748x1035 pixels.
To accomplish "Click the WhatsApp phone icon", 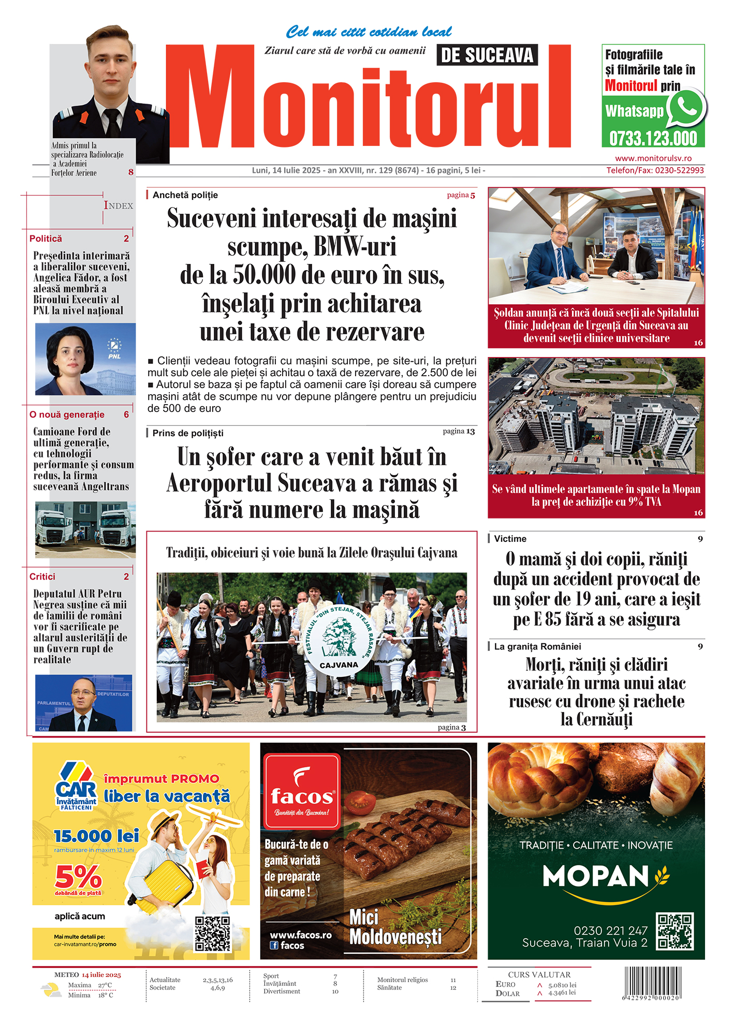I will [686, 108].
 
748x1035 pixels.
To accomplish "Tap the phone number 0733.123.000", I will [653, 139].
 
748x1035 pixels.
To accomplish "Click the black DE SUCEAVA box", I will [487, 55].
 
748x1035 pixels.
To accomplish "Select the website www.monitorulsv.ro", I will [653, 158].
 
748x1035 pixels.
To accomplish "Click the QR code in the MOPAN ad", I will [674, 931].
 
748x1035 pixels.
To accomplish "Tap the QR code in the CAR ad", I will [213, 934].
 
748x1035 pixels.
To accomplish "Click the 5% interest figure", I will [78, 877].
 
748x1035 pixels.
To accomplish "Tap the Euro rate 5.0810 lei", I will [562, 985].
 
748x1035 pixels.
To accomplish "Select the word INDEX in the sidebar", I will [119, 205].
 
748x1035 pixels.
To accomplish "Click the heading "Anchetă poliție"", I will [185, 195].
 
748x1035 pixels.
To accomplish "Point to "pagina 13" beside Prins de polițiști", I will [459, 431].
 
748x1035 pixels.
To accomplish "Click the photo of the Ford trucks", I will [85, 529].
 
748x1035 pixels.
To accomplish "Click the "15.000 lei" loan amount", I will [96, 836].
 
